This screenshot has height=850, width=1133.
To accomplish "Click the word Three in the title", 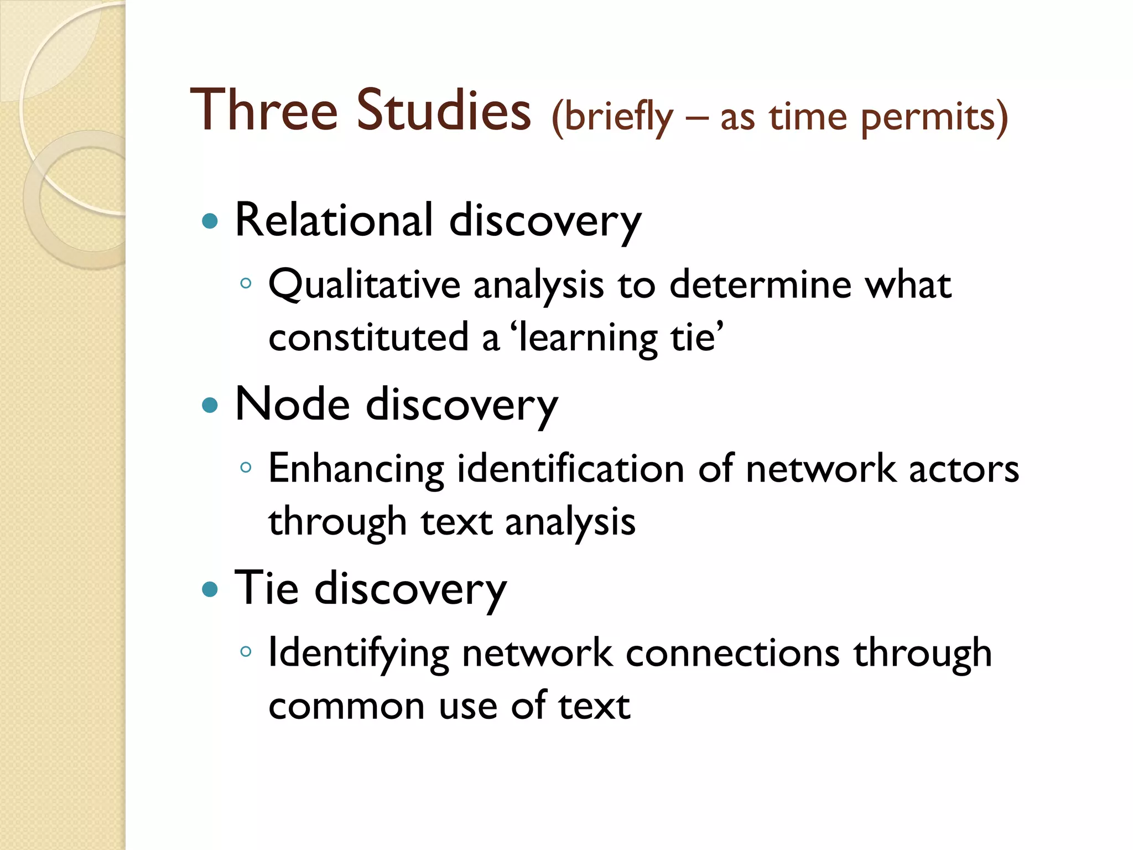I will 264,110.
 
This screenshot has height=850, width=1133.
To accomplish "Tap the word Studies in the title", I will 443,110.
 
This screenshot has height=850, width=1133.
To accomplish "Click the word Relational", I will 334,220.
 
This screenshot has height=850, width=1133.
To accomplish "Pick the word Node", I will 292,405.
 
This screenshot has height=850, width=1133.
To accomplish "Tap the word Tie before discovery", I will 267,588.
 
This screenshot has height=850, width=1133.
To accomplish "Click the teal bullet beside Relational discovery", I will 210,222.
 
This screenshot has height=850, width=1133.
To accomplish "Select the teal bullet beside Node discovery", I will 210,406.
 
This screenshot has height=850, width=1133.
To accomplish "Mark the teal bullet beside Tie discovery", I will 210,589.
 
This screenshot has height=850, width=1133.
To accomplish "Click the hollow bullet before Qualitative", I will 246,284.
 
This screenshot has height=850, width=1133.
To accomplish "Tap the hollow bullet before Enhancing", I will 246,468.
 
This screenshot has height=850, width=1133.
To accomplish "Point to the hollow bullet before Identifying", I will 246,651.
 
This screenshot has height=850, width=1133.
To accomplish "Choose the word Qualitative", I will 364,286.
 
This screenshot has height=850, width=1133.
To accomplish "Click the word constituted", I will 368,338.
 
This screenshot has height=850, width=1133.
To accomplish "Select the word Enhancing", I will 356,469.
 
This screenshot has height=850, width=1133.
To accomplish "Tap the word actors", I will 964,469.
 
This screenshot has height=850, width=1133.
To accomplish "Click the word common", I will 346,707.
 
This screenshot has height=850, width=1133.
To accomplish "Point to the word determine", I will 760,284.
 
